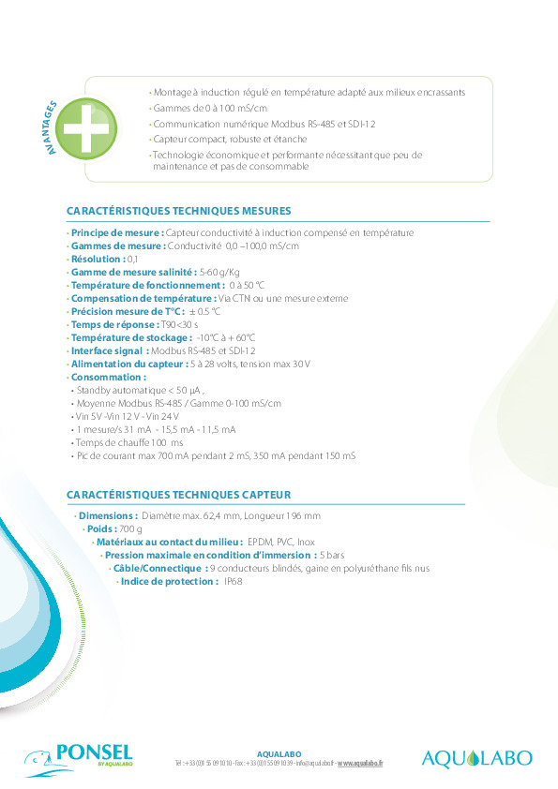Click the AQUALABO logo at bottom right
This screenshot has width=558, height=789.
476,757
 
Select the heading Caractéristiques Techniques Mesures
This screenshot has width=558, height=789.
178,211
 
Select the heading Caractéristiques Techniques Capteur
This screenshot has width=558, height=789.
178,494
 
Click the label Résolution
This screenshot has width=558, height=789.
98,259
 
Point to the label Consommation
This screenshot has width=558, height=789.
108,377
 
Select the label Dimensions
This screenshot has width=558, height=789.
108,516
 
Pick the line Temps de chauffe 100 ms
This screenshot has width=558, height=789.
128,442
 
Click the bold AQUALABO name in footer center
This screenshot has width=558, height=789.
279,753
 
